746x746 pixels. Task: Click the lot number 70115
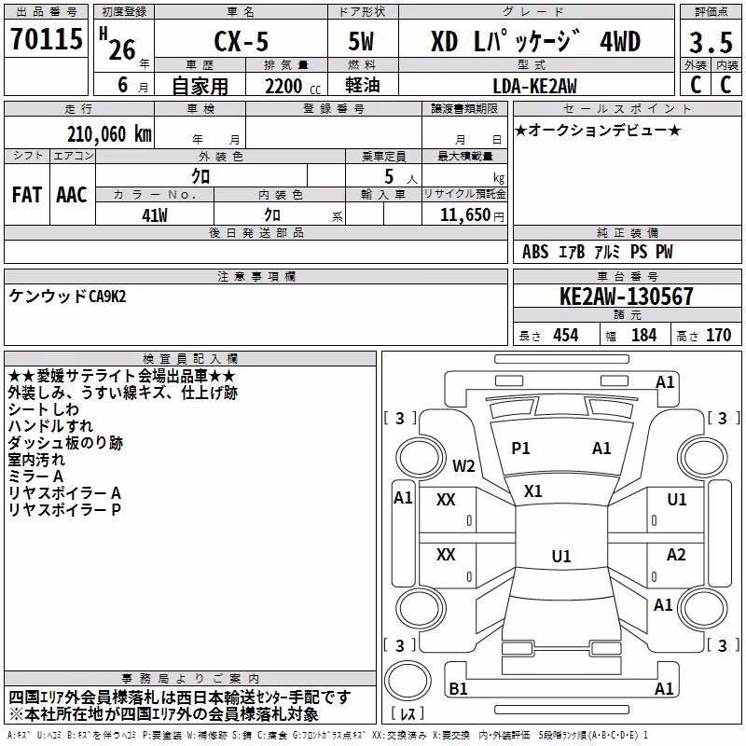coord(47,39)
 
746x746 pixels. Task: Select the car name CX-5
coord(242,41)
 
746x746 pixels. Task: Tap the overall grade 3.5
coord(711,42)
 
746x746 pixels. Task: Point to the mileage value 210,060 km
coord(109,134)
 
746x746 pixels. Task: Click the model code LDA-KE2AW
coord(534,86)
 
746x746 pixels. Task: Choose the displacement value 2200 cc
coord(293,87)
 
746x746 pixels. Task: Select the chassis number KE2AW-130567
coord(626,297)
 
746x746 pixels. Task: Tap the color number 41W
coord(155,215)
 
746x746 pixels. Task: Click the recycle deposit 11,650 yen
coord(472,215)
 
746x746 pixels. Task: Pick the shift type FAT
coord(27,195)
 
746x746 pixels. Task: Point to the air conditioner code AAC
coord(72,195)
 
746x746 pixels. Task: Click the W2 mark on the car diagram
coord(463,465)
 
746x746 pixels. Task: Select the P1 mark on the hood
coord(520,449)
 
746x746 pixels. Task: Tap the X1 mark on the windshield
coord(532,491)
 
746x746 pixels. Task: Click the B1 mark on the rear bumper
coord(458,688)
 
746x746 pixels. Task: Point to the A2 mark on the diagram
coord(676,555)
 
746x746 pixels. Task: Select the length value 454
coord(566,335)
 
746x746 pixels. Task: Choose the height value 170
coord(718,335)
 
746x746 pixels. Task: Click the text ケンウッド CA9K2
coord(67,297)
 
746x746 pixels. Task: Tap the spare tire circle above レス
coord(408,680)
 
